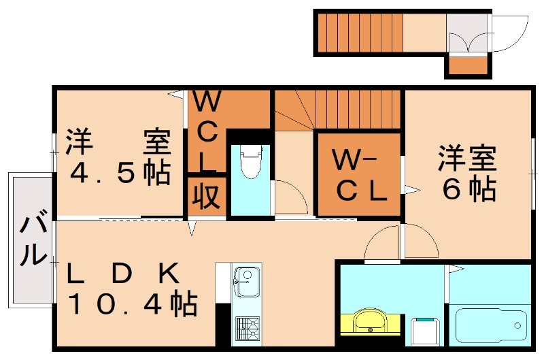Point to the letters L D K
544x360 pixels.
click(x=122, y=274)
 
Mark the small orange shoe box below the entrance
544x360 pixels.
click(x=468, y=67)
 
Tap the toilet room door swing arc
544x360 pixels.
click(x=290, y=197)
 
